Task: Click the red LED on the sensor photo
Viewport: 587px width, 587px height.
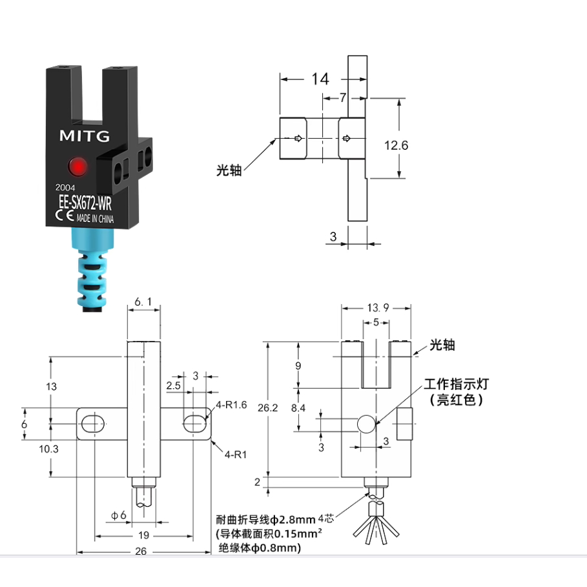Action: (x=79, y=167)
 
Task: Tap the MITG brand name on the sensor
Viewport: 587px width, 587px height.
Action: (x=85, y=136)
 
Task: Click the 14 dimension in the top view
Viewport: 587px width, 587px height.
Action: (x=320, y=79)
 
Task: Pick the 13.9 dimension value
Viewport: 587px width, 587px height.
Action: (x=375, y=309)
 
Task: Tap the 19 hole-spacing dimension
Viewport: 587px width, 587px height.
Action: (x=143, y=534)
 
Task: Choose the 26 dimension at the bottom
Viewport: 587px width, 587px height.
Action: (x=143, y=551)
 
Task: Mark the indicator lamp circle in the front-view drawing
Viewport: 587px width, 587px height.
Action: (x=366, y=424)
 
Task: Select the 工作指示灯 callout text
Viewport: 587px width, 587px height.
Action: (x=457, y=384)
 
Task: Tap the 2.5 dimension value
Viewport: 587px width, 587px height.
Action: (x=173, y=386)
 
